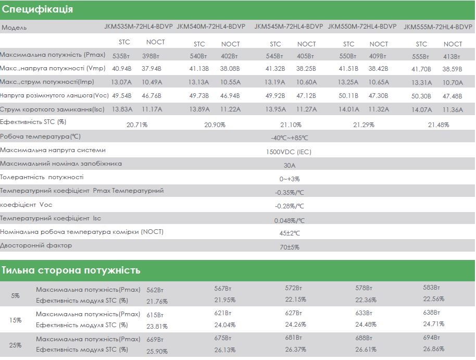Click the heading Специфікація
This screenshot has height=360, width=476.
coord(37,10)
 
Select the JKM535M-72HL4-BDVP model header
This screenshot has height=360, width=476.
coord(138,27)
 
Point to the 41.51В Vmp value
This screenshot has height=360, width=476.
coord(348,68)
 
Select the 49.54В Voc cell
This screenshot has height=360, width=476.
coord(122,96)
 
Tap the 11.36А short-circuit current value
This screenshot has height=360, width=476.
coord(453,109)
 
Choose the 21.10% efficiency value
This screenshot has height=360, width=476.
coord(291,125)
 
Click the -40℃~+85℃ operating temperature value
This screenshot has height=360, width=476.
coord(290,138)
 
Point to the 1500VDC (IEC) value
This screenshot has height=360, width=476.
coord(290,152)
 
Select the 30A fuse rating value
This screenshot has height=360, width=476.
coord(290,166)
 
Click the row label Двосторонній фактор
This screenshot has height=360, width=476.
coord(36,245)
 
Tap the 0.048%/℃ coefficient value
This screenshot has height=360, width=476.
coord(290,220)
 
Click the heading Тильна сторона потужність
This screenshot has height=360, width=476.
coord(71,270)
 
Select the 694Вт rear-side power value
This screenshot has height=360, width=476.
coord(431,338)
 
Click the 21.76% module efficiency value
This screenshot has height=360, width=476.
coord(157,301)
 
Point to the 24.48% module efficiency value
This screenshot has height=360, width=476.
coord(366,325)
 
